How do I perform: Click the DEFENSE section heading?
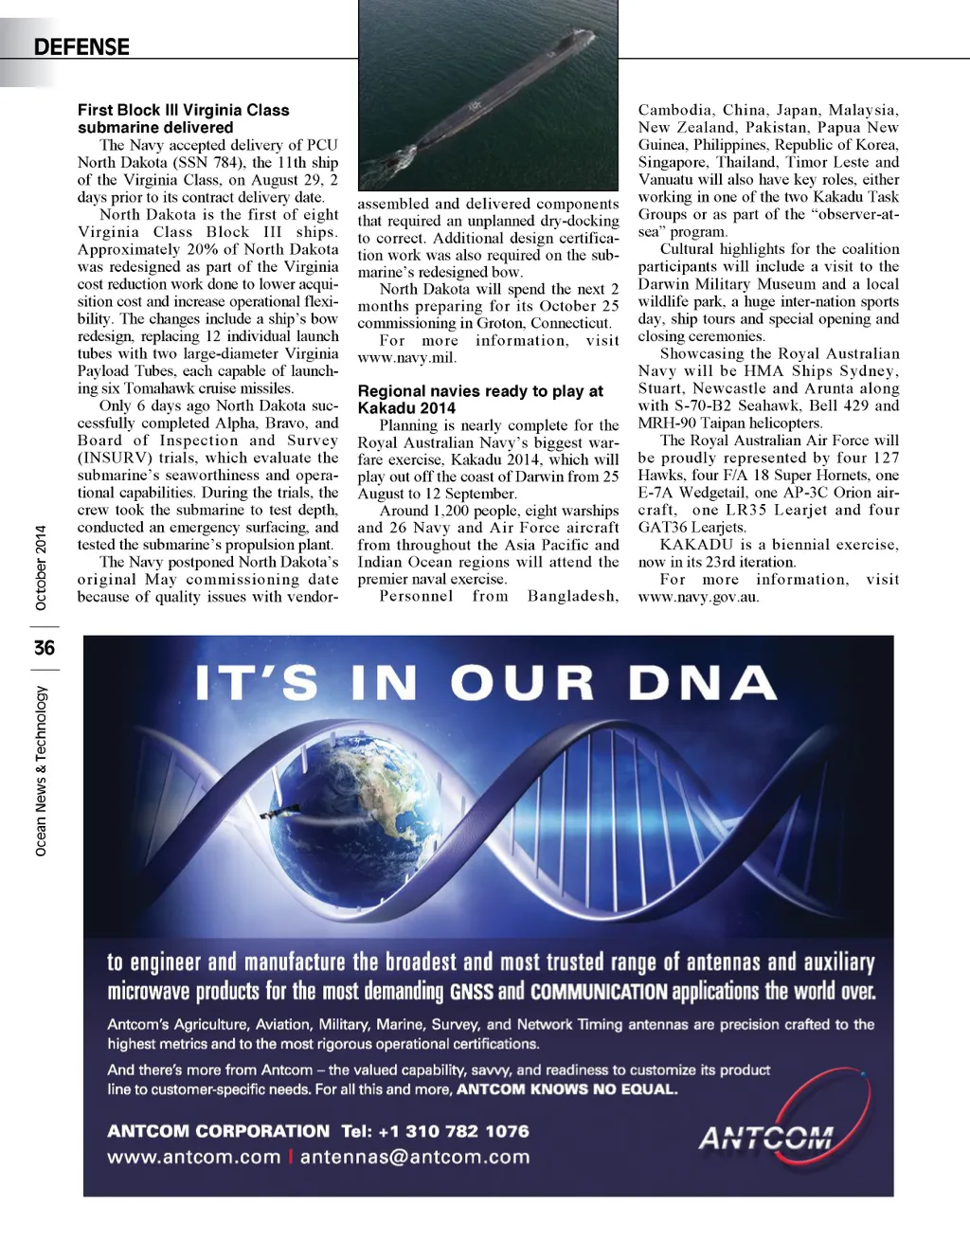[81, 46]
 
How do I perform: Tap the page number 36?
[44, 648]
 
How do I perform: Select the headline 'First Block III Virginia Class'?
[183, 110]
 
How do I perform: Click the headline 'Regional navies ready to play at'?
[480, 390]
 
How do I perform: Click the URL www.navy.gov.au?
[698, 597]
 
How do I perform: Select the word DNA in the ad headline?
[702, 683]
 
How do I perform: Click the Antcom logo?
[767, 1136]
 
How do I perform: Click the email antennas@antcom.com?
[415, 1157]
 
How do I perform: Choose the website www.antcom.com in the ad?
[193, 1157]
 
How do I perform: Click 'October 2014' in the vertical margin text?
[41, 567]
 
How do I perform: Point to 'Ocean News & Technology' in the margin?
[41, 771]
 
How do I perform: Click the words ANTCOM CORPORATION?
[218, 1131]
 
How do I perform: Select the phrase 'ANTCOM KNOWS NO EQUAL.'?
[566, 1089]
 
